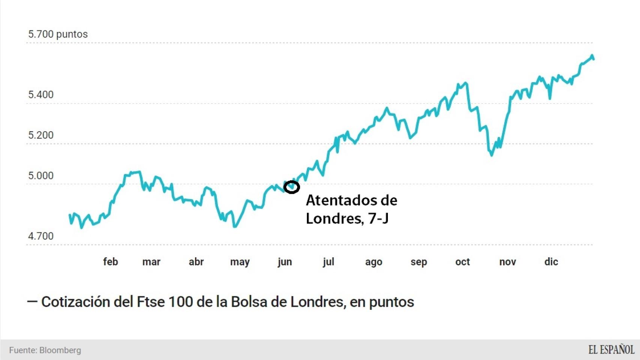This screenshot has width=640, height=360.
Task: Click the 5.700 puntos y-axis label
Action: click(x=58, y=34)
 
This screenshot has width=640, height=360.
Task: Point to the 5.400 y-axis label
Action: click(x=41, y=95)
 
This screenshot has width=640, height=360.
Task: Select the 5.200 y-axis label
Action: click(x=41, y=135)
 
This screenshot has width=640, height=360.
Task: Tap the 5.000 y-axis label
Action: click(x=41, y=176)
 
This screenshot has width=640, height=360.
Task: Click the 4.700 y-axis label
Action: click(x=41, y=236)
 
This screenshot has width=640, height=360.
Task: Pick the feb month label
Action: click(x=110, y=262)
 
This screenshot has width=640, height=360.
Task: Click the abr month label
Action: click(x=196, y=262)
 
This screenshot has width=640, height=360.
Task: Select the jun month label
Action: click(x=285, y=262)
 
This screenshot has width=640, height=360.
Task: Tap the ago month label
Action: click(x=374, y=262)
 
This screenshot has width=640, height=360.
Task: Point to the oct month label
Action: click(x=463, y=262)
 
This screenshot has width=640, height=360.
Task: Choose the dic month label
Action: click(x=551, y=262)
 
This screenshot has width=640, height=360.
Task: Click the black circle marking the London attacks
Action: click(x=291, y=187)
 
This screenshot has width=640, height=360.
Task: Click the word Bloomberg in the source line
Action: click(x=60, y=350)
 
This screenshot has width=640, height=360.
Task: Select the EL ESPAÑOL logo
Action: click(x=611, y=350)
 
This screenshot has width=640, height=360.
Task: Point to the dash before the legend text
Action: click(x=32, y=302)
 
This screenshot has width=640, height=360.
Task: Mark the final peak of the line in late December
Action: click(x=592, y=56)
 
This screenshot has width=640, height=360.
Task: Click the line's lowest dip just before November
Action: click(x=491, y=155)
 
